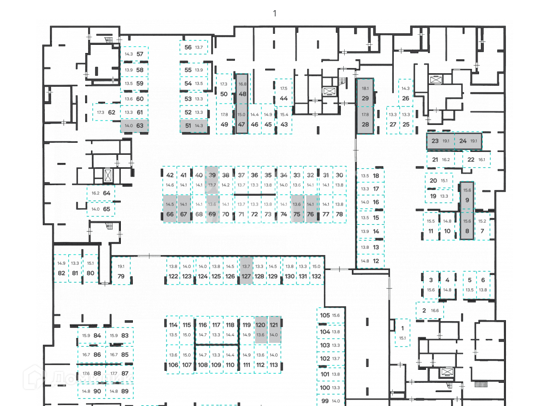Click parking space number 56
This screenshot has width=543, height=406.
pos(194,47)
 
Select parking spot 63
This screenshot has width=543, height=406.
pos(134,126)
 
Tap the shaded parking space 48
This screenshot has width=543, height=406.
pos(242,89)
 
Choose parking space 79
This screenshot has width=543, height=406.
pos(121,271)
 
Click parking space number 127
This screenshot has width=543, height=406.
pos(246,271)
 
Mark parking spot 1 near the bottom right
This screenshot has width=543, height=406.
pos(402,333)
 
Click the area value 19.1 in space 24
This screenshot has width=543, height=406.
pos(474,141)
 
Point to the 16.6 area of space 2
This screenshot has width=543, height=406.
pos(435,311)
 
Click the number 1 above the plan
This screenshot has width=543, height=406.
pos(275,13)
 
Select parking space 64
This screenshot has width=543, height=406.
pos(101,193)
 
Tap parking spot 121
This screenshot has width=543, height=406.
pos(274,329)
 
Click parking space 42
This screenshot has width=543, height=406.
pos(170,179)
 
